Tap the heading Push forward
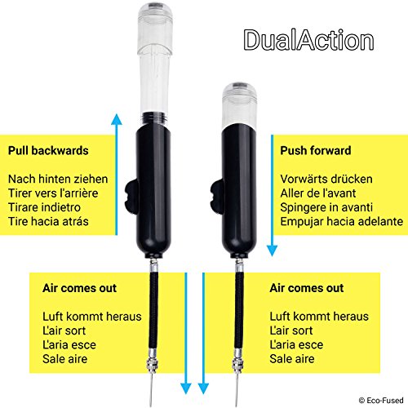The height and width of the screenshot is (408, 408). [315, 150]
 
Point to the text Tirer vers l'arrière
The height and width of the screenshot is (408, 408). [56, 192]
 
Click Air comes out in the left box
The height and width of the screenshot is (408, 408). [78, 288]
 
